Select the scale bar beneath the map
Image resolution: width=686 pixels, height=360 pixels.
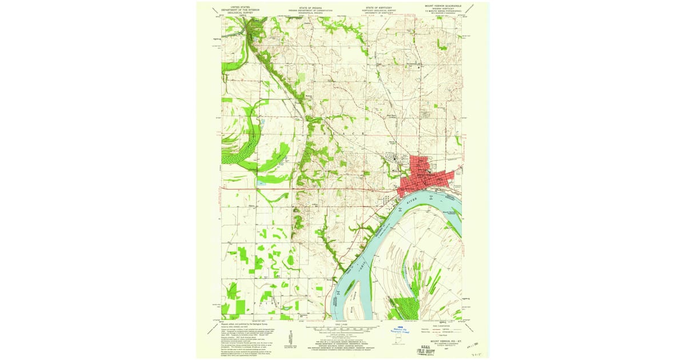coord(342,330)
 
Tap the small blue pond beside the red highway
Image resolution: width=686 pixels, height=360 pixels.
coord(262,183)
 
